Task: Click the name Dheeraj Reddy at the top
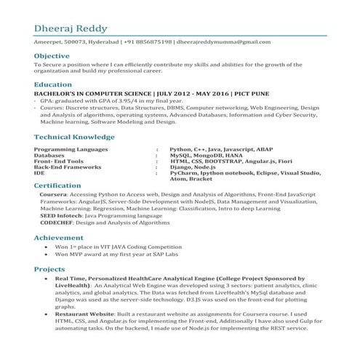pos(71,28)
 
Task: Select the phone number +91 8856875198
pos(148,43)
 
